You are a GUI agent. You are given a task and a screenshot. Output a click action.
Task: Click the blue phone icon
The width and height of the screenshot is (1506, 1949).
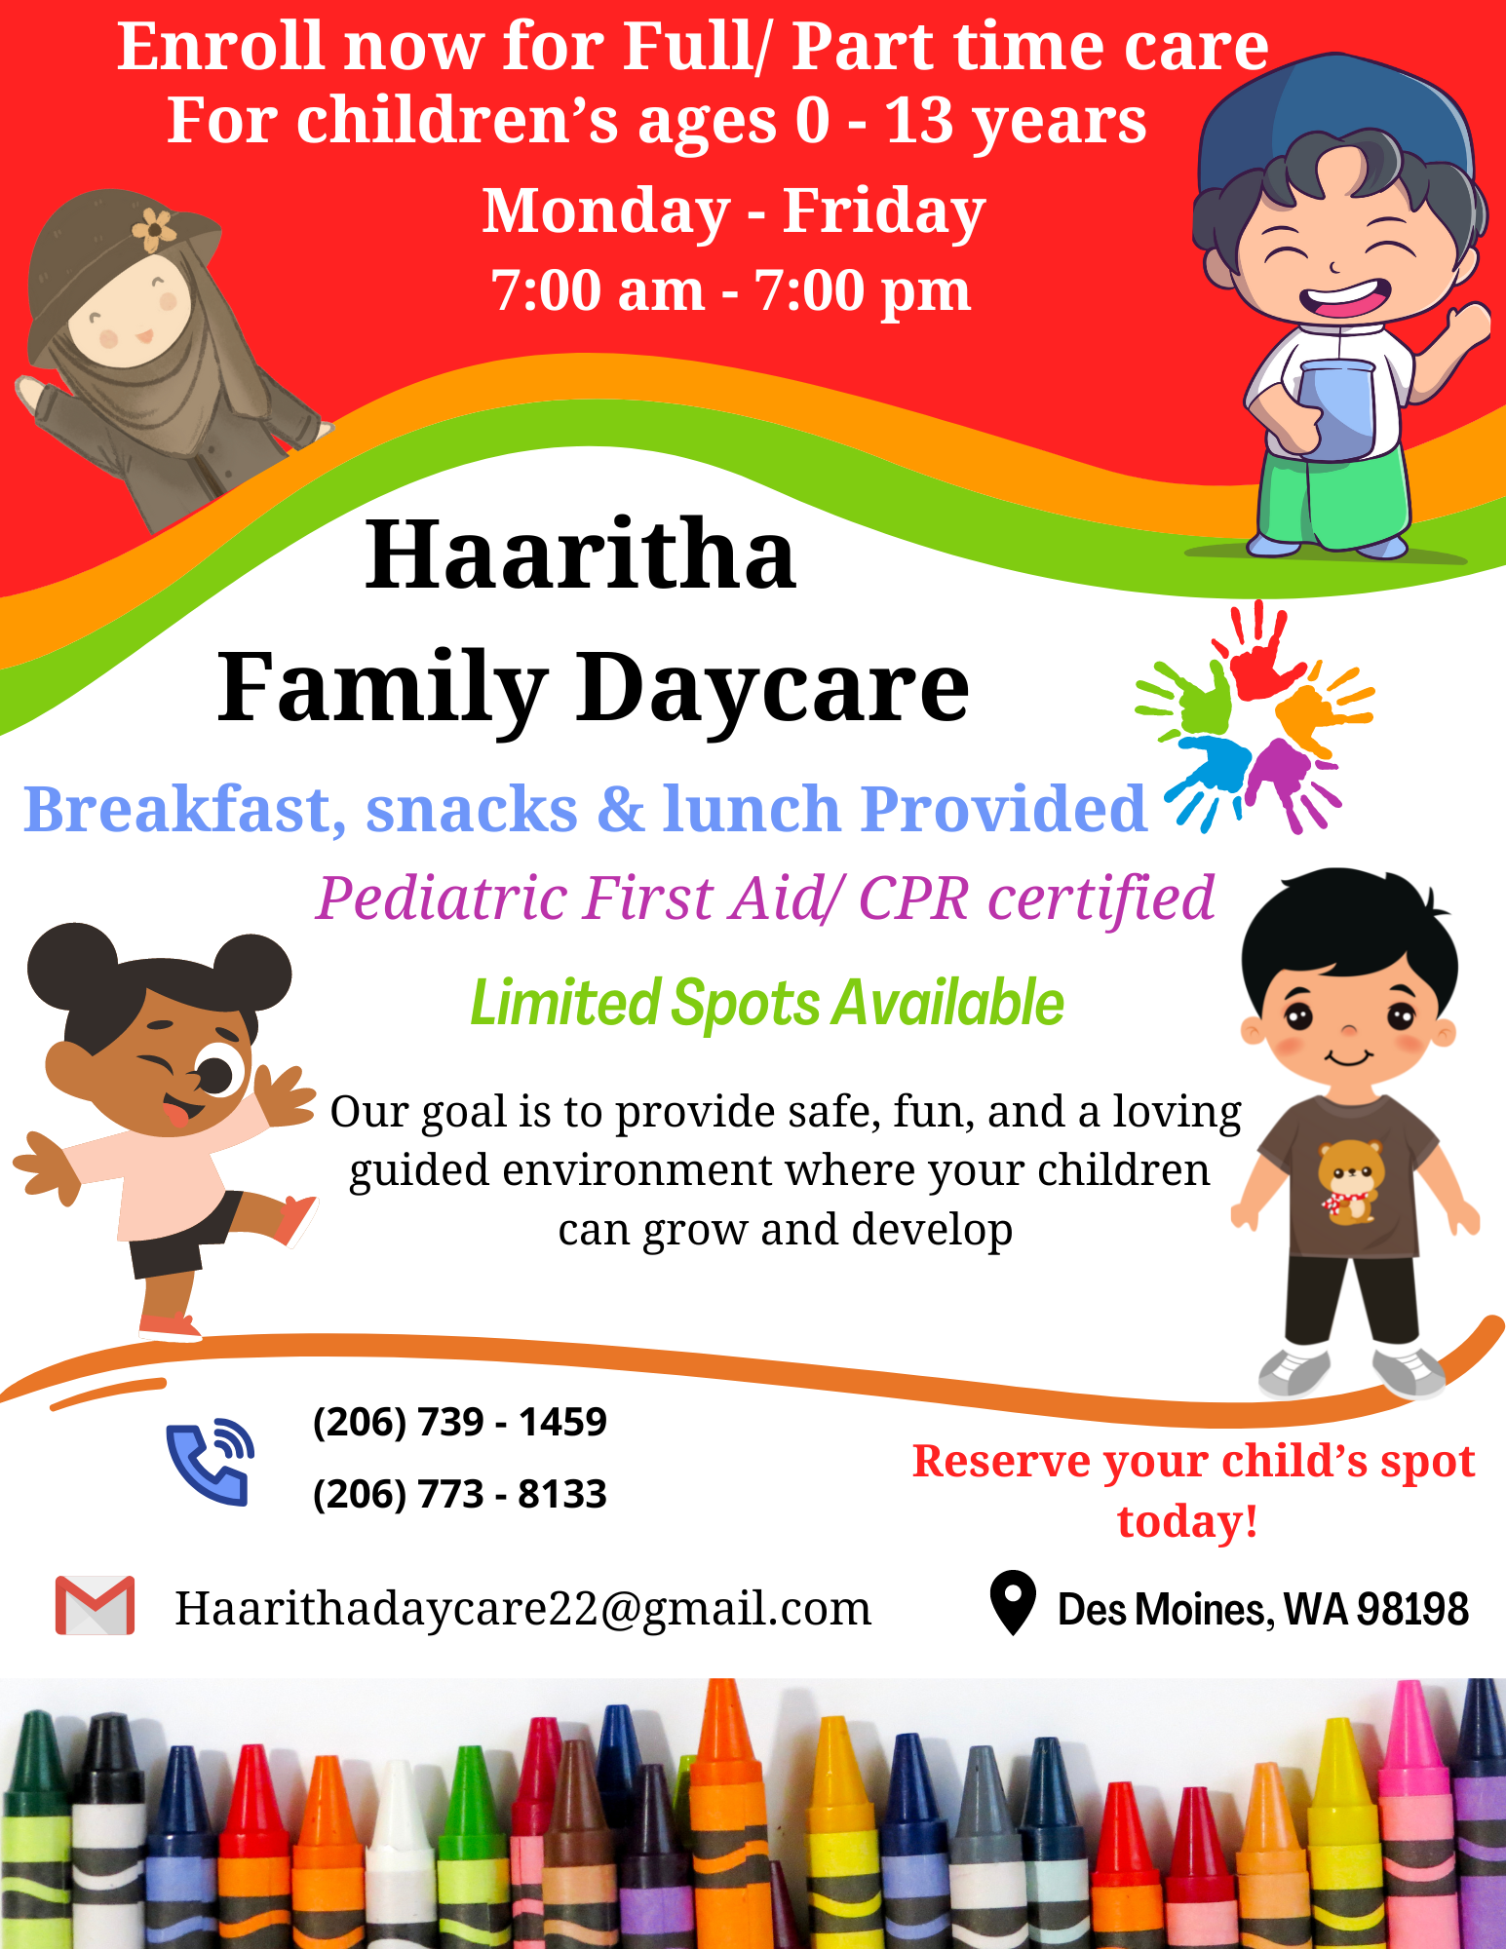pos(210,1462)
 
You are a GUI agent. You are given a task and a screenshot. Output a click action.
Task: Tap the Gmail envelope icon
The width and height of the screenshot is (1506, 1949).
pos(95,1605)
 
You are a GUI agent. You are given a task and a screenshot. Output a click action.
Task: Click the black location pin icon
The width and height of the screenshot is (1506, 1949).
pos(1013,1603)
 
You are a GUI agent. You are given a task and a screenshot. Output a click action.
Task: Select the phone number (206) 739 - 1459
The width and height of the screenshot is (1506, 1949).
pos(459,1423)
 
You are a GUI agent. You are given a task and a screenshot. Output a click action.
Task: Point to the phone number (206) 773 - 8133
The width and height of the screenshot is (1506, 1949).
pos(459,1494)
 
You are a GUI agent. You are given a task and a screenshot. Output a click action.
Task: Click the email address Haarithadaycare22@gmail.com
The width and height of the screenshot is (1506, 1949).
pos(522,1609)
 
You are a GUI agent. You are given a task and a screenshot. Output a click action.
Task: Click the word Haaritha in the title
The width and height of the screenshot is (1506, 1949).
pos(581,554)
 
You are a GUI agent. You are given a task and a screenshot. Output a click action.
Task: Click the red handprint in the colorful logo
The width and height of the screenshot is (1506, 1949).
pos(1260,650)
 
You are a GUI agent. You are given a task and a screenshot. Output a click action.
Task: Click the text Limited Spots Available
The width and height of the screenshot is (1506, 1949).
pos(767,1004)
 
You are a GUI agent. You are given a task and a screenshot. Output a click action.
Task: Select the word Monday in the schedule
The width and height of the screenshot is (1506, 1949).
pos(606,212)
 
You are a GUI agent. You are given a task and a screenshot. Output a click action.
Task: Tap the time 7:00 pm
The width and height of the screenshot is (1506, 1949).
pos(863,291)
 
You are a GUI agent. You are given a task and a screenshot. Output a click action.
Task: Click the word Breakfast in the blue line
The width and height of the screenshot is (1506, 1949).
pos(184,811)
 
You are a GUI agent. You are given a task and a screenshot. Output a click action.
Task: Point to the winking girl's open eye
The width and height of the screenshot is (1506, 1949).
pos(218,1072)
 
